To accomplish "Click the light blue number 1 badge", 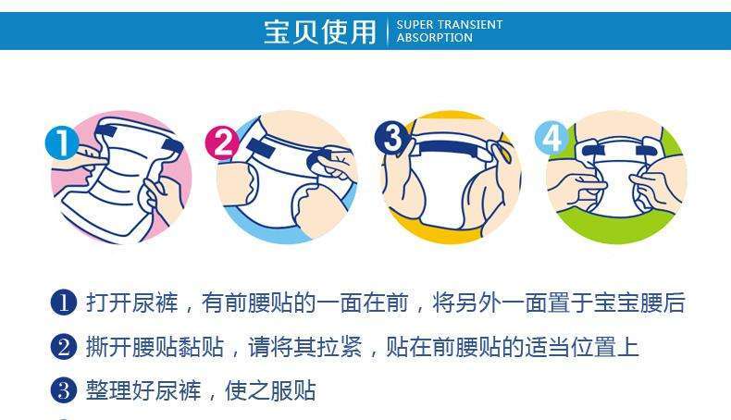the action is [62, 142].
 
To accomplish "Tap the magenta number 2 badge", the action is [222, 142].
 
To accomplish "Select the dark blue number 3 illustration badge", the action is [392, 137].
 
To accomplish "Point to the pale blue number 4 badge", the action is [552, 138].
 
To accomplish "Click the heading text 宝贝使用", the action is [320, 31].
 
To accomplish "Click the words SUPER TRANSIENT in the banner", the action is [450, 25].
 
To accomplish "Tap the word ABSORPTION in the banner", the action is [435, 38].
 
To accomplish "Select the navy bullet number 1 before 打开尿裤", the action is [64, 303].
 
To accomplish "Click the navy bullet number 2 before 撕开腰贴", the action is [64, 347].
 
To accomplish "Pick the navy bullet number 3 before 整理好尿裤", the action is [64, 390].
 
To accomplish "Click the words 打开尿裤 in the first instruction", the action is [132, 303].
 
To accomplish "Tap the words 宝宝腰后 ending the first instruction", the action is [639, 303].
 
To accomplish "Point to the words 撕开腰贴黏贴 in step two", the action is [155, 347].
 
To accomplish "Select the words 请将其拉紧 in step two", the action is [305, 347].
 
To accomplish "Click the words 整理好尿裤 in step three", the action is [143, 390].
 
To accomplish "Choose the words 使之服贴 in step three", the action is [270, 390].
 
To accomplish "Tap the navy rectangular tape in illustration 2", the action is [262, 147].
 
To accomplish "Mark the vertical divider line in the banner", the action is [388, 31].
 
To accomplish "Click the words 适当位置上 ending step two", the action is [582, 347].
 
